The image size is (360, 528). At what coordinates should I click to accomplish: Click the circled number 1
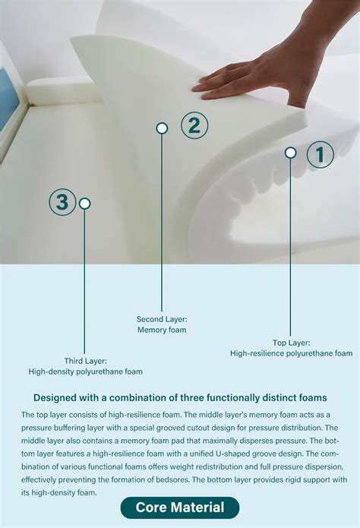click(320, 155)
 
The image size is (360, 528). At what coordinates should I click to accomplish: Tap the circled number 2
click(194, 125)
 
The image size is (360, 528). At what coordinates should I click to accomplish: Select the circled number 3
click(62, 202)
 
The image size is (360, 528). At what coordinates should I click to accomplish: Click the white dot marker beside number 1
click(290, 153)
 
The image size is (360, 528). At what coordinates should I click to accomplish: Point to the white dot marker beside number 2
click(162, 128)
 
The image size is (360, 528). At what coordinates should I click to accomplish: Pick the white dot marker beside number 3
click(85, 204)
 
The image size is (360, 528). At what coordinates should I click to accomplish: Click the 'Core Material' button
click(180, 507)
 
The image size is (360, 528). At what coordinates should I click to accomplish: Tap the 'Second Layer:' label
click(162, 319)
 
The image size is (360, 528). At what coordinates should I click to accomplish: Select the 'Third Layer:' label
click(86, 361)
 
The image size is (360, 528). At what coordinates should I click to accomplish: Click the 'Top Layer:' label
click(292, 343)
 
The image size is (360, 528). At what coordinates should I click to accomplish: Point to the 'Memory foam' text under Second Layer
click(162, 330)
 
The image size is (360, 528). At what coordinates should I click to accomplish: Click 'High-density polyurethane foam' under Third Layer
click(86, 371)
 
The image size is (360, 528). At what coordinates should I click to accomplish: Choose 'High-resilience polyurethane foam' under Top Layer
click(292, 353)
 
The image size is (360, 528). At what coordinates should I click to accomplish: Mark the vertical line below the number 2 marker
click(162, 228)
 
